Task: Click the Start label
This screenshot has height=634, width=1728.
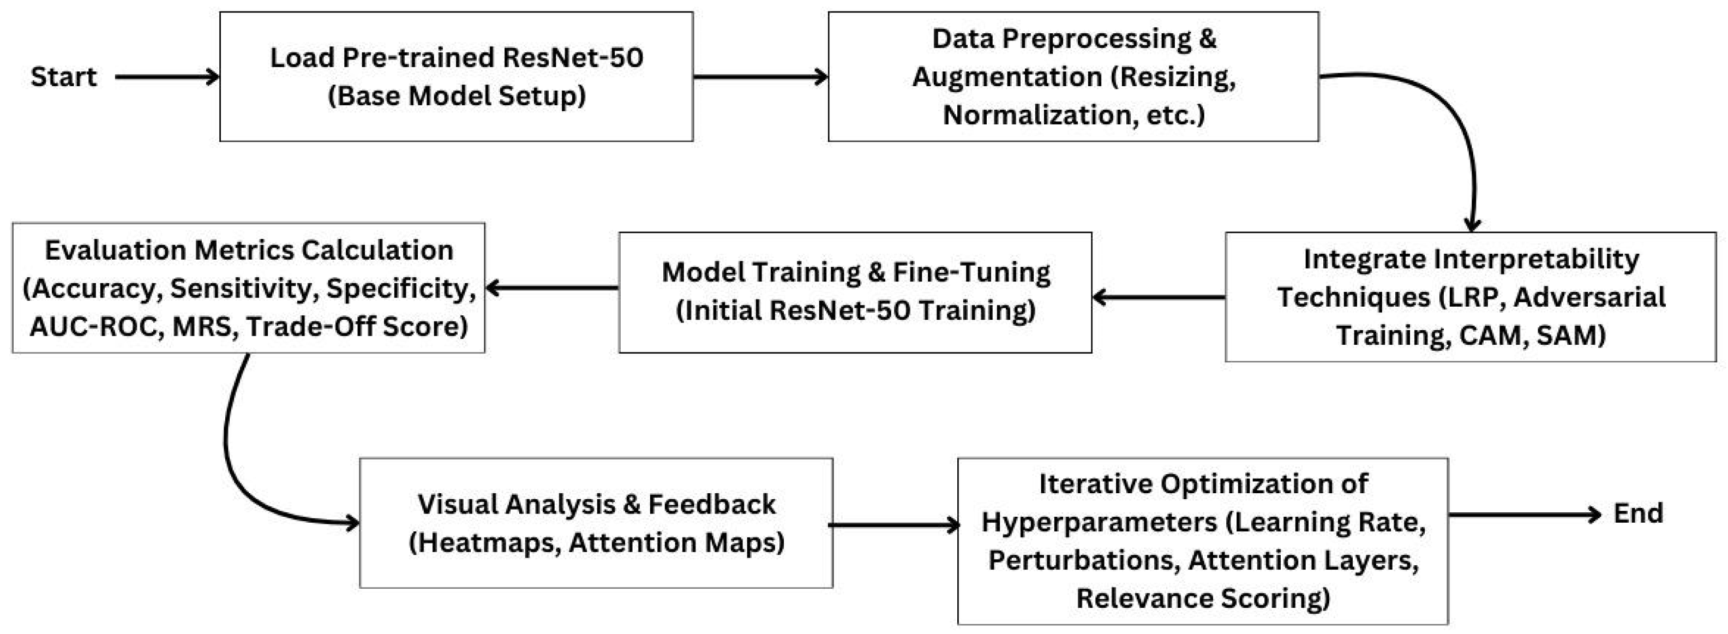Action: pos(64,77)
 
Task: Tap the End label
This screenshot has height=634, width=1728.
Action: pos(1637,514)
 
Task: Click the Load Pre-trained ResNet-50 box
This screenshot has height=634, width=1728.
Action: pos(456,76)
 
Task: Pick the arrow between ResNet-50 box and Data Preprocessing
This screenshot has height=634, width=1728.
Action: pos(760,77)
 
